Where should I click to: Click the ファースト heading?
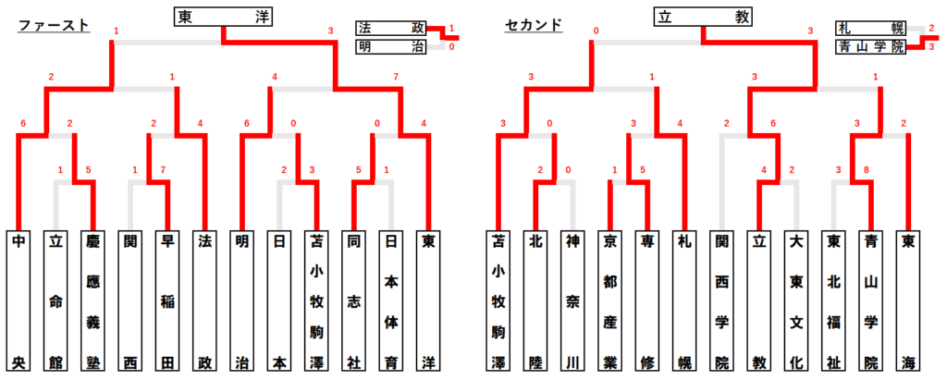pyautogui.click(x=54, y=25)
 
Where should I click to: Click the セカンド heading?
pyautogui.click(x=534, y=25)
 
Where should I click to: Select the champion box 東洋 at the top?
pyautogui.click(x=222, y=16)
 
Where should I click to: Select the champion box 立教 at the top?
pyautogui.click(x=703, y=16)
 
